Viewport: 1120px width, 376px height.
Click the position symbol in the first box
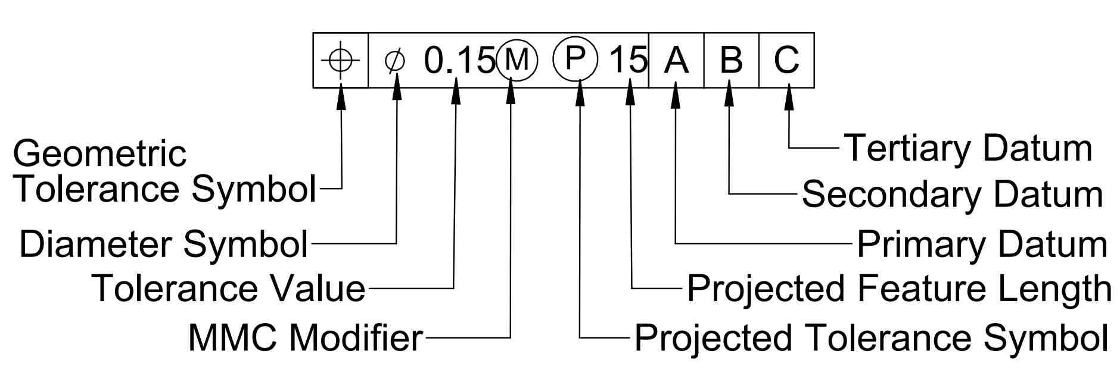click(x=341, y=60)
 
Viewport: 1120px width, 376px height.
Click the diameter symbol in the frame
click(x=395, y=61)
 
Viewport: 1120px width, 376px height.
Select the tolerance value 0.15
click(x=459, y=60)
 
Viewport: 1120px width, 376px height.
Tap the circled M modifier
click(x=516, y=60)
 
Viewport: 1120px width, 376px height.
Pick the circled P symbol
click(x=575, y=59)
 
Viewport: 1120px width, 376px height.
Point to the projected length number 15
click(x=629, y=59)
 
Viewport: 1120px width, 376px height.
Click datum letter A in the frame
click(x=676, y=60)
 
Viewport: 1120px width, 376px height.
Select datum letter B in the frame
click(x=731, y=60)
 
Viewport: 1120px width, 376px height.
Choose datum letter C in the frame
click(x=786, y=60)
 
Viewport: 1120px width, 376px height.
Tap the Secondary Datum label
click(x=952, y=194)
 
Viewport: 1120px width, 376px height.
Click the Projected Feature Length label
click(x=899, y=289)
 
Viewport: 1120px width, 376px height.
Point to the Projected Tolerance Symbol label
click(x=871, y=337)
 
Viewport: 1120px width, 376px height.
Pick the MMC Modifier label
click(x=305, y=337)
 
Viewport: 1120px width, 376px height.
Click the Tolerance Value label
click(x=228, y=288)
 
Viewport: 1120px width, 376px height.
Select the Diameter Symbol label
click(x=164, y=243)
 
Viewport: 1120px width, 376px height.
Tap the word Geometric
click(x=99, y=153)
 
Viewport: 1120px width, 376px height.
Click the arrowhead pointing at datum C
click(x=789, y=97)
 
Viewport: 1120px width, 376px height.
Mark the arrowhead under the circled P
click(x=578, y=97)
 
